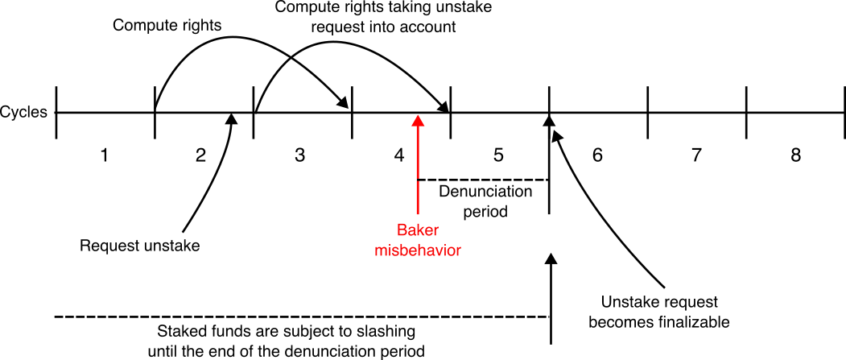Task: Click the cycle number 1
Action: click(x=103, y=156)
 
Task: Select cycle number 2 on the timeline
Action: click(x=201, y=156)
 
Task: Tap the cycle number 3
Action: click(x=300, y=156)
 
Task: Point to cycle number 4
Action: click(x=399, y=156)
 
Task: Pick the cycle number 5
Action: click(x=498, y=156)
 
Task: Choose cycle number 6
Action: click(x=597, y=156)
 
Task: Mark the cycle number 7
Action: click(x=697, y=156)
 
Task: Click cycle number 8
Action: click(x=795, y=156)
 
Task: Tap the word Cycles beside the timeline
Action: click(x=24, y=113)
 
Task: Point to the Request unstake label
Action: click(x=139, y=245)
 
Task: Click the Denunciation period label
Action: click(x=485, y=202)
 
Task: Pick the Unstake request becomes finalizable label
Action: click(x=659, y=312)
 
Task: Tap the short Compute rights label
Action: click(x=167, y=24)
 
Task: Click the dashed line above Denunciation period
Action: click(x=482, y=180)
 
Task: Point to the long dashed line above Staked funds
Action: click(x=298, y=317)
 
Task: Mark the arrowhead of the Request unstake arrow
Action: click(x=233, y=118)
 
